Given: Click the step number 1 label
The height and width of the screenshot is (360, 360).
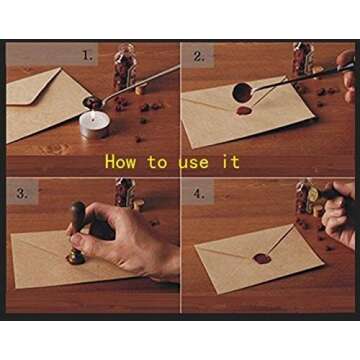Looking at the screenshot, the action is click(x=87, y=55).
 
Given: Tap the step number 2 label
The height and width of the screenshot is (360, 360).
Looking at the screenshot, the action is click(x=199, y=56).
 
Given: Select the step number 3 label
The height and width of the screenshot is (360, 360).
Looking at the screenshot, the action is click(x=22, y=193).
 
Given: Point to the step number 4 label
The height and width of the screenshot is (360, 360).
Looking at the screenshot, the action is click(x=199, y=194).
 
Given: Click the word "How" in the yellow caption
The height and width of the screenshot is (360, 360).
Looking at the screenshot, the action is click(x=120, y=162).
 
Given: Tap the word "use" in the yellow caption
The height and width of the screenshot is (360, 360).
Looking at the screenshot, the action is click(x=193, y=162).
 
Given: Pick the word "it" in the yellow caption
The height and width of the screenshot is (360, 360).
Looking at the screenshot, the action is click(x=231, y=162).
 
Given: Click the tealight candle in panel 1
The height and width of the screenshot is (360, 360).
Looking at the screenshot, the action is click(x=95, y=124).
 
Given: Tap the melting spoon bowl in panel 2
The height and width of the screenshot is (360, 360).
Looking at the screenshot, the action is click(x=242, y=93).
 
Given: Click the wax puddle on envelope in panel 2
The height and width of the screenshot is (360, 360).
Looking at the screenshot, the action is click(x=244, y=111).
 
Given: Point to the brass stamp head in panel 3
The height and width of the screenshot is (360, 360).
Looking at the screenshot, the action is click(x=76, y=258).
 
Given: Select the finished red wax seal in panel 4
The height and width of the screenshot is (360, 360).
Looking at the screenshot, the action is click(x=262, y=258).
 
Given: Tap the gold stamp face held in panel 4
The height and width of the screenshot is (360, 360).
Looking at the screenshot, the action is click(x=314, y=194).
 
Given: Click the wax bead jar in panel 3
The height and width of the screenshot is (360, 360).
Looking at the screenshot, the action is click(x=125, y=192).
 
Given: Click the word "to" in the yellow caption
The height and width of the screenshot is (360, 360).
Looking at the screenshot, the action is click(x=157, y=162).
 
